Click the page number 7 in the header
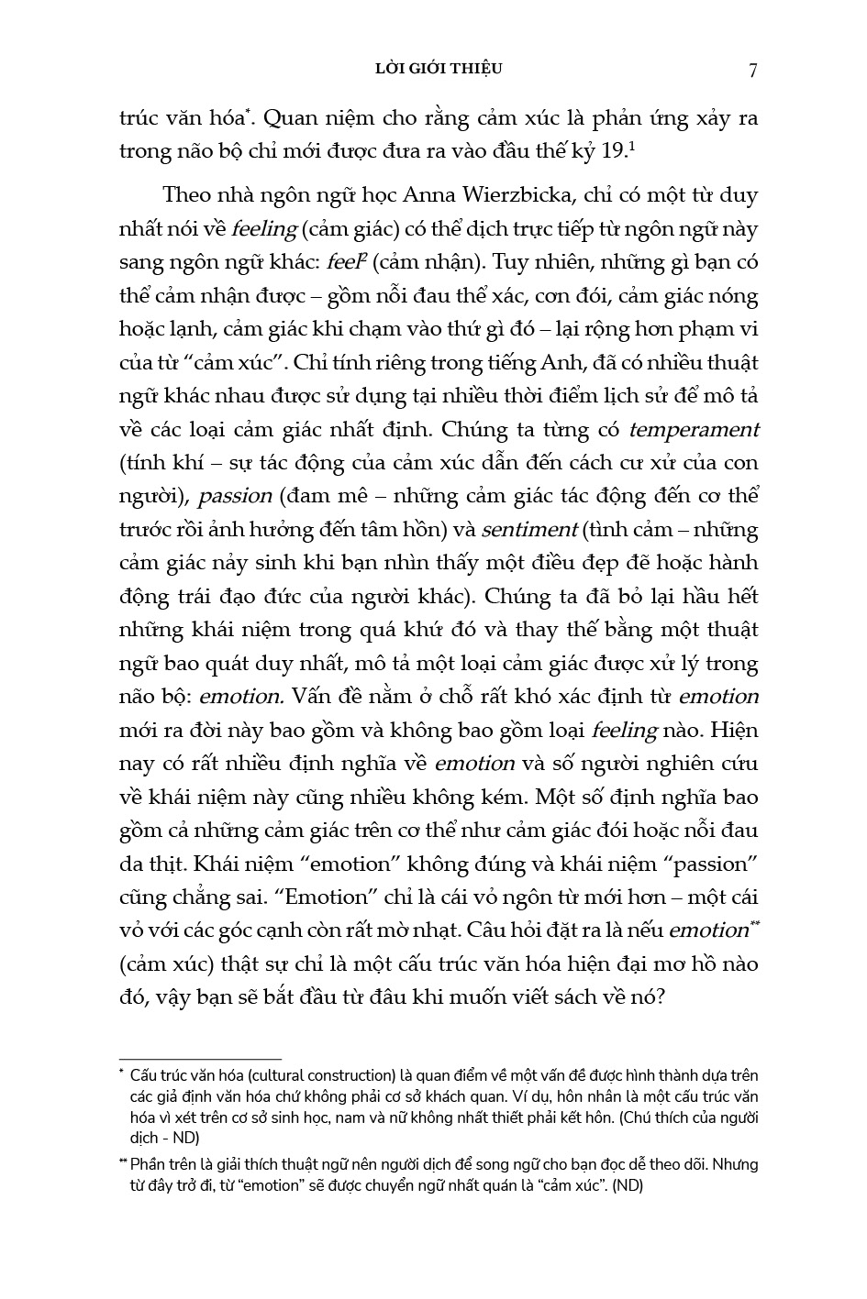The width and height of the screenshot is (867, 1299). click(752, 71)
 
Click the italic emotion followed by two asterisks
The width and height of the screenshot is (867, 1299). click(707, 930)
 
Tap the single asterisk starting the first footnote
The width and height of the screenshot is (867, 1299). click(121, 1073)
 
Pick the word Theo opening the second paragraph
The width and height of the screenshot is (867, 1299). click(185, 195)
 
